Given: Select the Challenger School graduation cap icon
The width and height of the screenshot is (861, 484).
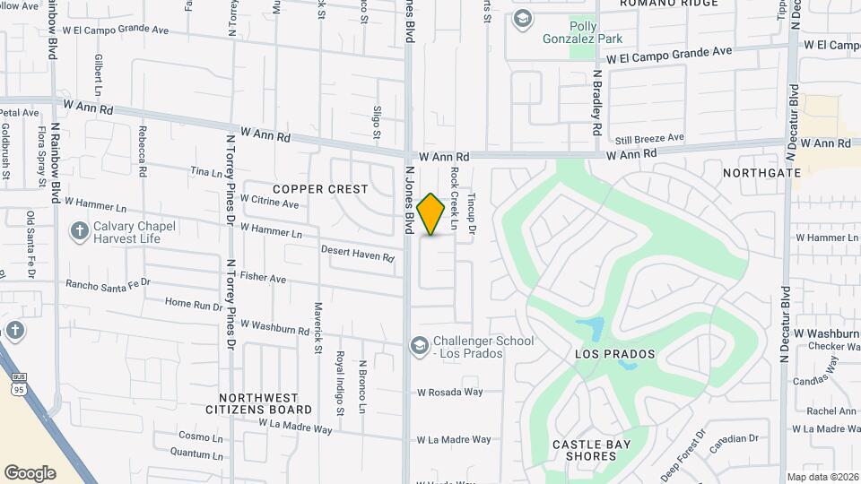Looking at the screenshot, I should pos(419,345).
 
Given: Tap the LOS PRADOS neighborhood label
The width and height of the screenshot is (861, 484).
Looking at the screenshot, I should pos(614,354).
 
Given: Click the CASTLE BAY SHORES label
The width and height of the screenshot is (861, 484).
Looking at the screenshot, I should pos(591,450).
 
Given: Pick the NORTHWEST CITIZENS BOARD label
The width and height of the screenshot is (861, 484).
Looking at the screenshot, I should pos(265,403).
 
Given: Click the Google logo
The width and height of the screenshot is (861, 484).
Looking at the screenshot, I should pos(30,472).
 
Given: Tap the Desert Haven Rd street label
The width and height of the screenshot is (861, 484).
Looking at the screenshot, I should pos(358,254).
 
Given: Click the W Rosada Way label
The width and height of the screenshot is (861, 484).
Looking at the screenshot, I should pos(449,392).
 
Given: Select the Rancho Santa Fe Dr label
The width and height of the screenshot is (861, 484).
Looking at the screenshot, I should pos(108,284).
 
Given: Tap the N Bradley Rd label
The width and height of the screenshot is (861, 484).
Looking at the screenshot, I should pos(596,103).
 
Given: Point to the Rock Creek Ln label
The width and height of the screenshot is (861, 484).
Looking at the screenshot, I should pos(455,197).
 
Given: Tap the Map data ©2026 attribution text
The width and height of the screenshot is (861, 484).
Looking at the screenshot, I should pos(822,477).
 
